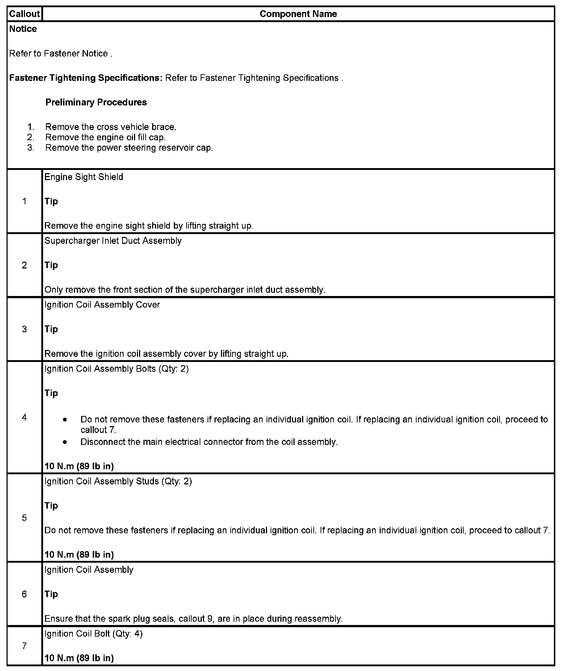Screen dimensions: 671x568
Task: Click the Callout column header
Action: pyautogui.click(x=24, y=14)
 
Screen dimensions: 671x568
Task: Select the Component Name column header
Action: pyautogui.click(x=298, y=14)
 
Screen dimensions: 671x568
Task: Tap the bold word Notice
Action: pyautogui.click(x=23, y=29)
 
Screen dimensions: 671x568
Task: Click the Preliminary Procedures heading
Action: pyautogui.click(x=96, y=102)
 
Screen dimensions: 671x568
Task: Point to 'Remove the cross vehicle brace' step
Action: pyautogui.click(x=110, y=127)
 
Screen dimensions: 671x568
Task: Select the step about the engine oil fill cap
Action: pyautogui.click(x=105, y=137)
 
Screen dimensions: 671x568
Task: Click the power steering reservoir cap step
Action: pyautogui.click(x=129, y=148)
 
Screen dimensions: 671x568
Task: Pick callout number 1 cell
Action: pyautogui.click(x=24, y=201)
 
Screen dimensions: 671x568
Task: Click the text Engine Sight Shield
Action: pyautogui.click(x=84, y=177)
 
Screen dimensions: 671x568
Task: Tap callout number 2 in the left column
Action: pyautogui.click(x=24, y=265)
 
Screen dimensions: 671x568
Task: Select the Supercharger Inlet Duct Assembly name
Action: pyautogui.click(x=113, y=241)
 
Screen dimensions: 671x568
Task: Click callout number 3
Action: pyautogui.click(x=24, y=329)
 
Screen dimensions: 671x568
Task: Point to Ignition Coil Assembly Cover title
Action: pyautogui.click(x=102, y=305)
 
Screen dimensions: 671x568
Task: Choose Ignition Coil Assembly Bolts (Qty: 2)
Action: pyautogui.click(x=116, y=368)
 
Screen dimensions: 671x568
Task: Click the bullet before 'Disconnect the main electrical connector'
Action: pyautogui.click(x=65, y=442)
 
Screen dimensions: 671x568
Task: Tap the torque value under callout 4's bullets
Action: pyautogui.click(x=79, y=466)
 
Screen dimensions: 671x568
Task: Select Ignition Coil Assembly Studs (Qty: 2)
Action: pyautogui.click(x=118, y=481)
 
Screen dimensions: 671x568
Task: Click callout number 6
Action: pyautogui.click(x=24, y=594)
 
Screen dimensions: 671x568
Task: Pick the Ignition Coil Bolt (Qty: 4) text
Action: pyautogui.click(x=93, y=634)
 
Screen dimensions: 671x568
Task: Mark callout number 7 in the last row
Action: pyautogui.click(x=24, y=646)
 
